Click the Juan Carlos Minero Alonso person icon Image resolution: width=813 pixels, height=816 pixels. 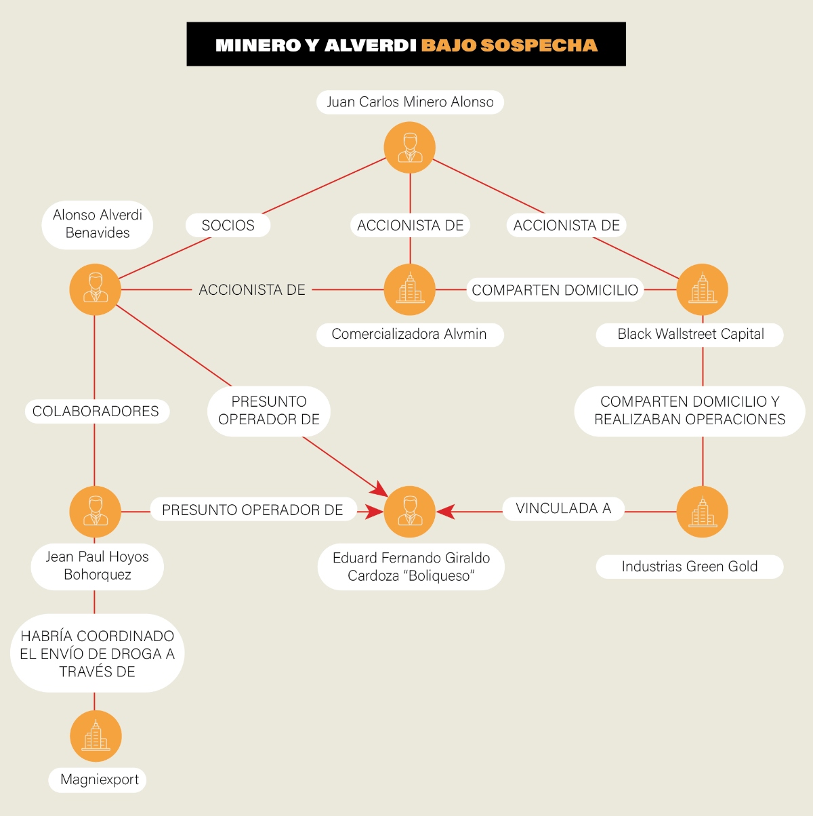coord(409,147)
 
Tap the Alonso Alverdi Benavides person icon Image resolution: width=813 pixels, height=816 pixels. coord(96,289)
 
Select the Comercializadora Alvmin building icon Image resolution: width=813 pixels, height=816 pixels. coord(409,289)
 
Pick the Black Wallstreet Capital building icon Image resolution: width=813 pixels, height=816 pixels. coord(703,289)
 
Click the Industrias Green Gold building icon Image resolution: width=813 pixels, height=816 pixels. coord(703,512)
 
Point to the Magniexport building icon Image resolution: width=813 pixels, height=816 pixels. coord(96,736)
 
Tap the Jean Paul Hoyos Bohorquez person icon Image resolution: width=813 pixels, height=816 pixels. coord(96,512)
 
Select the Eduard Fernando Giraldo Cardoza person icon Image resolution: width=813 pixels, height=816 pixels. coord(409,512)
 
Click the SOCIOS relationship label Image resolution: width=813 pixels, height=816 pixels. coord(228,225)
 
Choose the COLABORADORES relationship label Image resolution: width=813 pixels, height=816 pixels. coord(96,411)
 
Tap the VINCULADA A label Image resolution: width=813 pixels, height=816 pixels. coord(563,508)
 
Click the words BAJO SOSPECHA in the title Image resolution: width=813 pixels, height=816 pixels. coord(509,45)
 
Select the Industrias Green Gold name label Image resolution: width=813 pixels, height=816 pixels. coord(690,567)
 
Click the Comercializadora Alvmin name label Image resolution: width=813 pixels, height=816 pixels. coord(410,335)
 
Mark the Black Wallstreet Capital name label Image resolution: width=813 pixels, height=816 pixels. coord(690,335)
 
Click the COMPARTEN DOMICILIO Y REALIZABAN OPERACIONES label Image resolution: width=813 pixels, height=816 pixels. coord(690,411)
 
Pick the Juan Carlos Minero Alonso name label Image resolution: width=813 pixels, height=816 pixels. coord(410,102)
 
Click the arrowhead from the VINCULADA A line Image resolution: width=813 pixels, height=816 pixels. coord(446,512)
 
